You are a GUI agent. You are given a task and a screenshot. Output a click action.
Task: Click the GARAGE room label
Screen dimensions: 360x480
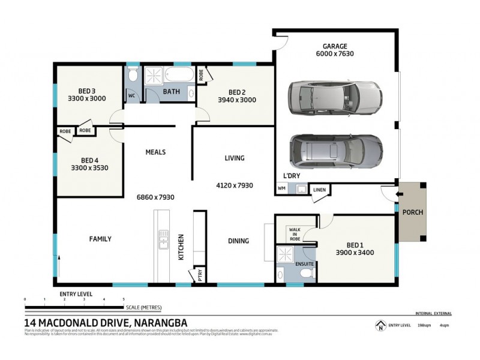click(x=335, y=46)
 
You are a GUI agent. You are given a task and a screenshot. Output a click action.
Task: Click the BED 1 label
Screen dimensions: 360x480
click(x=355, y=244)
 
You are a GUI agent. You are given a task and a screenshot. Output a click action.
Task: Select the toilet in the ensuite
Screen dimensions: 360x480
click(x=305, y=274)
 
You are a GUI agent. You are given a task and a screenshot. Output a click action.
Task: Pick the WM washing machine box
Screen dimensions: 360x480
click(x=281, y=189)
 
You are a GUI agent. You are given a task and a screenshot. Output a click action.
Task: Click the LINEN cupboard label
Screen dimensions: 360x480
click(x=319, y=190)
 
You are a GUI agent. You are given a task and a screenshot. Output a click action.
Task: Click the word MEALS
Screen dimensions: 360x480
click(x=155, y=152)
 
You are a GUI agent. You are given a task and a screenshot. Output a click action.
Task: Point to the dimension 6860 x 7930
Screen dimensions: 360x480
click(x=156, y=197)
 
